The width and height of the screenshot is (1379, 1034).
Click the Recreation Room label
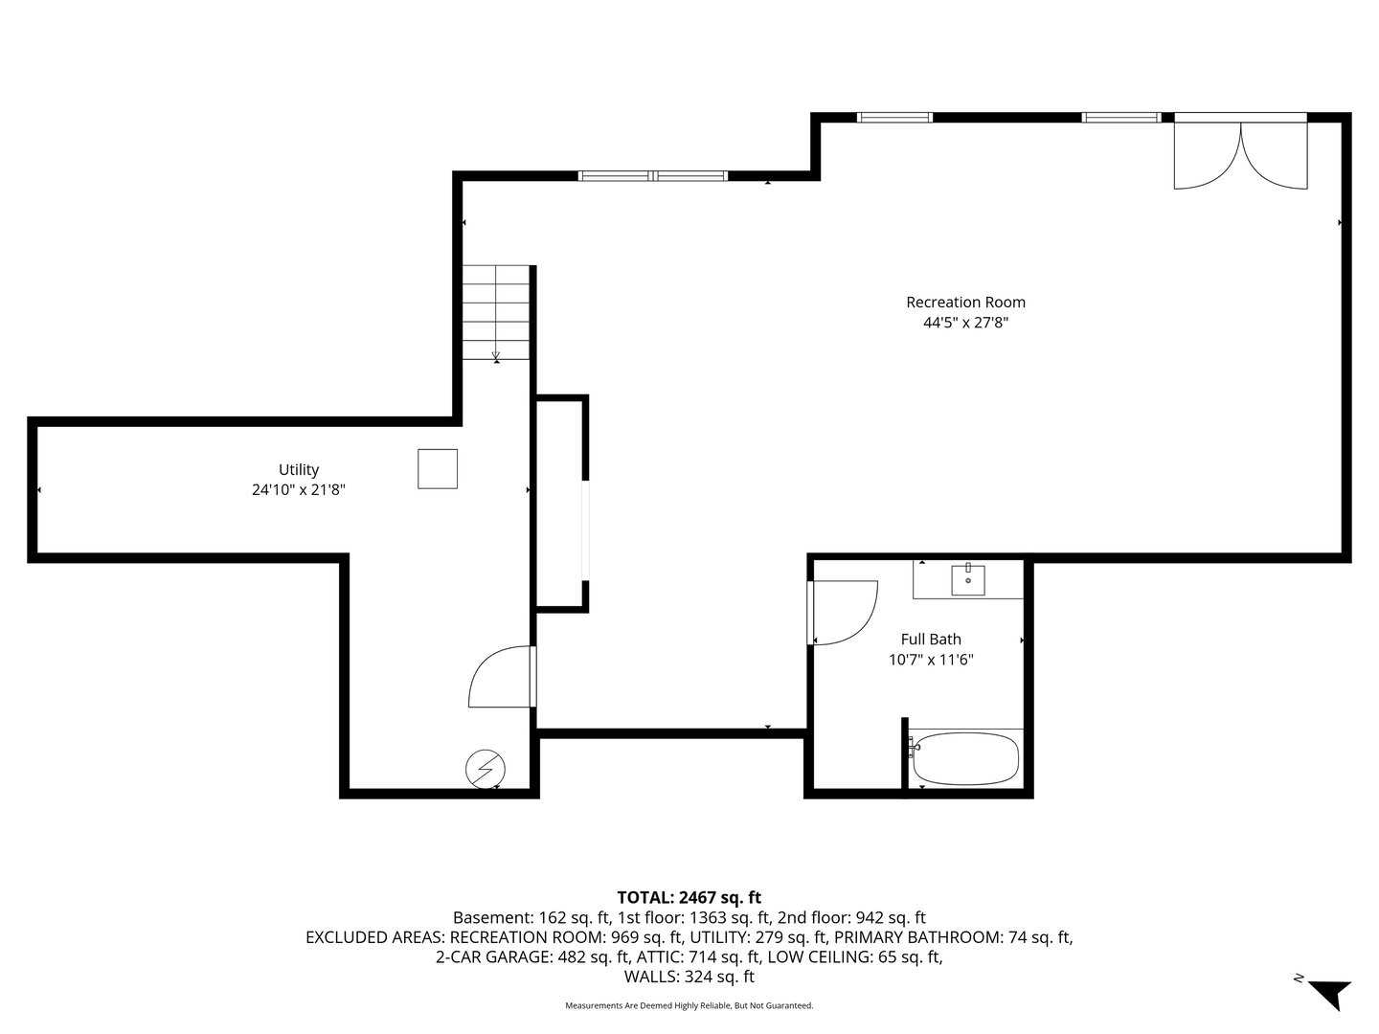[965, 303]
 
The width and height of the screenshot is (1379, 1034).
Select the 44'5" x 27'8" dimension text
[965, 324]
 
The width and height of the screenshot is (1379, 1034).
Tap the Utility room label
[299, 469]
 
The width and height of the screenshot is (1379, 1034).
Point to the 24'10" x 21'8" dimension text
[299, 490]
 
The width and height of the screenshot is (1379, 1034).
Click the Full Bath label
[931, 640]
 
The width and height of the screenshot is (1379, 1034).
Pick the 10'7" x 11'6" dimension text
[931, 660]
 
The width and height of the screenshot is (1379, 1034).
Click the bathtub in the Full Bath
[965, 759]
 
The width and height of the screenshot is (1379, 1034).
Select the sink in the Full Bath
[968, 579]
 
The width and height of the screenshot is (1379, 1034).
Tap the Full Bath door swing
[843, 613]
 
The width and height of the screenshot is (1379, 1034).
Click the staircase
[496, 312]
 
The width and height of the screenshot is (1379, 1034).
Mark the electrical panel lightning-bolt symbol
[486, 769]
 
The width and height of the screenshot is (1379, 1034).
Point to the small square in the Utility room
[438, 469]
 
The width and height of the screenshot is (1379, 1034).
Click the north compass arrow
[1329, 992]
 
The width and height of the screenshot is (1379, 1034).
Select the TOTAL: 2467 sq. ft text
[689, 897]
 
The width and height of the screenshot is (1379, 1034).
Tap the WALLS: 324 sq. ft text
[689, 978]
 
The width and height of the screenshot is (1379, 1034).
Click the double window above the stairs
[653, 176]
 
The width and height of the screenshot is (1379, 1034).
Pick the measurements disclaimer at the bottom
[689, 1006]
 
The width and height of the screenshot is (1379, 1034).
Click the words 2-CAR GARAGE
[492, 957]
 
